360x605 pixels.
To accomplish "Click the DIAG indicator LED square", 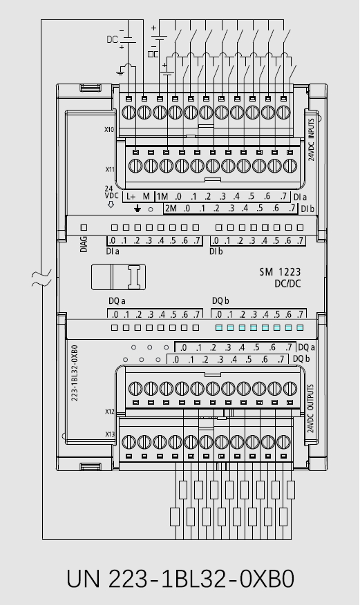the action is (84, 228).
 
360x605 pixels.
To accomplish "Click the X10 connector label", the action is (109, 130).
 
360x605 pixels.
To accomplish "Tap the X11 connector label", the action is (111, 169).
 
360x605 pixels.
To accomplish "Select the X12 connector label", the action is (110, 412).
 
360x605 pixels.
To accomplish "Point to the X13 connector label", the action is (110, 434).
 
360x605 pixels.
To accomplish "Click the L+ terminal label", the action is (131, 196).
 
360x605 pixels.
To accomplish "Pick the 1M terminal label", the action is (162, 196).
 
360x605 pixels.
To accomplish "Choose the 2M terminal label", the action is (171, 209).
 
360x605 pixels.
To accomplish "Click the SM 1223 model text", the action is (280, 272).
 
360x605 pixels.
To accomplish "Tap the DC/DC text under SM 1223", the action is (287, 284).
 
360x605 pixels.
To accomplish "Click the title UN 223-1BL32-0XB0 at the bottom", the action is (180, 579).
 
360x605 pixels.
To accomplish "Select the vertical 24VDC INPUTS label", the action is (311, 140).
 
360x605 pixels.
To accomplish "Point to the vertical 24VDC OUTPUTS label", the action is (311, 409).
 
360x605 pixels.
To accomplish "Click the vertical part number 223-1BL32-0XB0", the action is (75, 373).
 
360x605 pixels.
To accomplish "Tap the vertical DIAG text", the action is (84, 244).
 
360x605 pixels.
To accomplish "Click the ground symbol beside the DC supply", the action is (120, 72).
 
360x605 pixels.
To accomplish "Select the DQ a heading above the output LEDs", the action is (117, 301).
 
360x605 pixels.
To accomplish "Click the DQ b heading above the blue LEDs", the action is (220, 301).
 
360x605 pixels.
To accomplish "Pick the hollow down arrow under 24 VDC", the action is (111, 204).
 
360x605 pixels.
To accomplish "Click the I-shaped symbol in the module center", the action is (135, 277).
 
